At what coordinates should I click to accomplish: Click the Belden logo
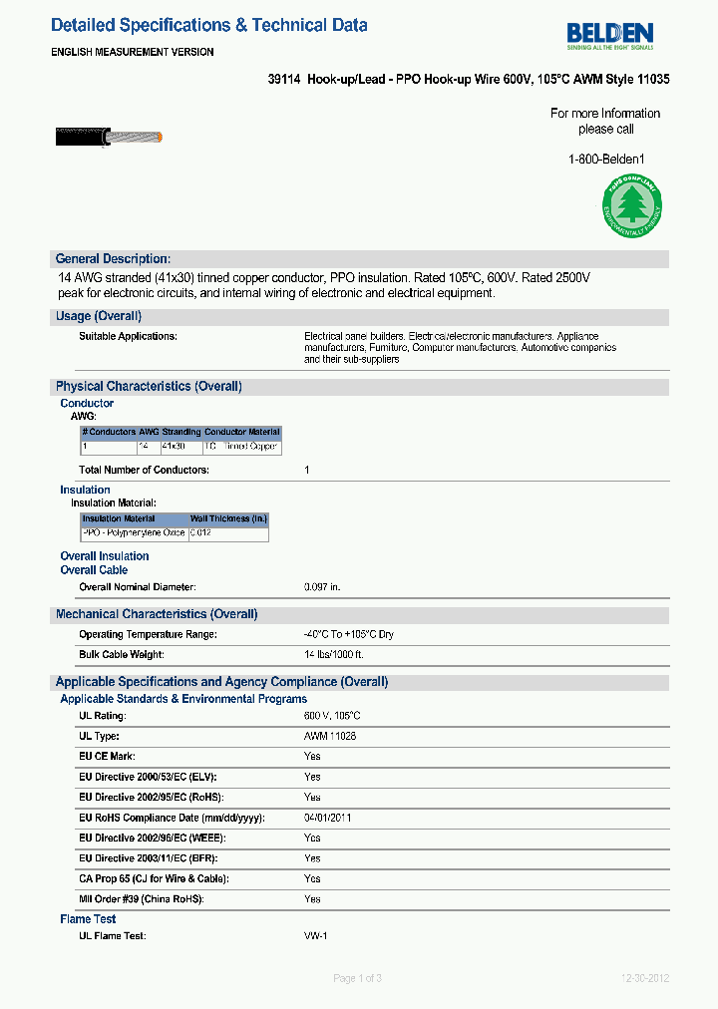610,36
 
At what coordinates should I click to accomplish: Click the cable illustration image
109,135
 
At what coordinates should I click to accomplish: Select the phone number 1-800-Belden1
606,160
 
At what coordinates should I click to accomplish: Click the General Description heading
113,258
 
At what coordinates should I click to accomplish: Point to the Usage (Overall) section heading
98,316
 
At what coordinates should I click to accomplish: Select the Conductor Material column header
242,433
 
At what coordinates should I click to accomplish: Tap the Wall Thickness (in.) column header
228,519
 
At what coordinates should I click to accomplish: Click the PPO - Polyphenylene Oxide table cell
134,533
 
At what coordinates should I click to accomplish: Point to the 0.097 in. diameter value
322,587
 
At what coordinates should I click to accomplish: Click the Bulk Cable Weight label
122,654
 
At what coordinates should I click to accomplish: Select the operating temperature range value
349,634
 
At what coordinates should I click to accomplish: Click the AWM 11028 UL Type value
330,736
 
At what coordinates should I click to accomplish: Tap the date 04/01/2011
327,818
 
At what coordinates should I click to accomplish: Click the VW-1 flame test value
316,936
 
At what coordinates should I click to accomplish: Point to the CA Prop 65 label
154,878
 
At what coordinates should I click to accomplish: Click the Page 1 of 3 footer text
357,978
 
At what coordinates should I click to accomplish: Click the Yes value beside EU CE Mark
312,756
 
